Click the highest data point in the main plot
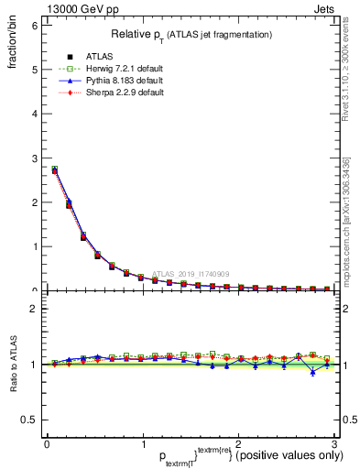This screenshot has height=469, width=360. point(54,169)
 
